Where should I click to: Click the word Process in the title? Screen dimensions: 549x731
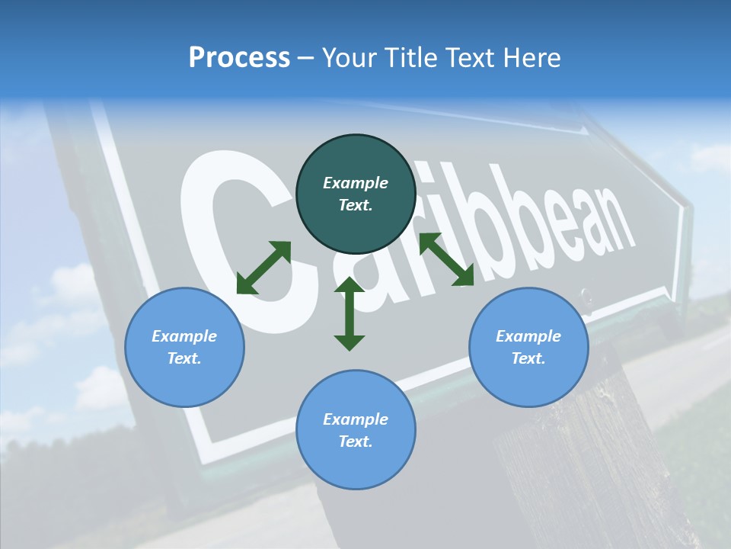239,58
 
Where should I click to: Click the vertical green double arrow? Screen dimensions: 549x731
350,313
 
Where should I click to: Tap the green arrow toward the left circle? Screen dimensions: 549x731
263,268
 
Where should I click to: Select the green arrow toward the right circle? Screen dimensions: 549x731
446,259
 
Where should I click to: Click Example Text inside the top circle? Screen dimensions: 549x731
356,194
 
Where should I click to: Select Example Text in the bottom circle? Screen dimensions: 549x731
356,430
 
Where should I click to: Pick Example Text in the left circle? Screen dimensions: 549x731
184,347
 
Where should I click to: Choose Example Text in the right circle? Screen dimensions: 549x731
528,347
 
